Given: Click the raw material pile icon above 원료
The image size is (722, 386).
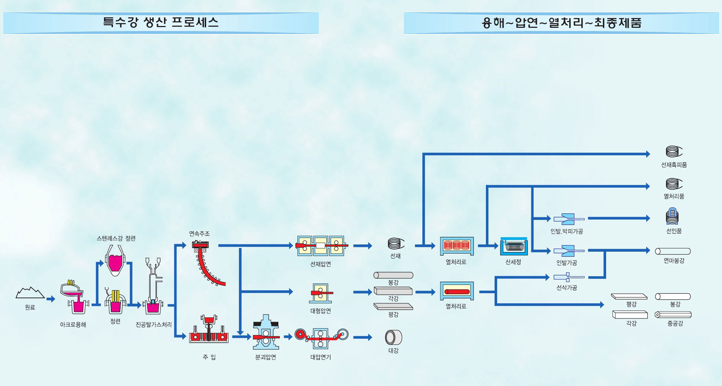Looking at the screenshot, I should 30,293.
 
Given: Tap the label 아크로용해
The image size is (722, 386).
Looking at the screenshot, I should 73,325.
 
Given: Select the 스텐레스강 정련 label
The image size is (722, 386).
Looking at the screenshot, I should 116,238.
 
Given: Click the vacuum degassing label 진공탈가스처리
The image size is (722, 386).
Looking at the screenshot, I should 153,325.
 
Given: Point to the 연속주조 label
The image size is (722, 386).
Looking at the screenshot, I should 199,234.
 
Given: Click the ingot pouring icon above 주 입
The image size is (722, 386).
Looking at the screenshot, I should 209,329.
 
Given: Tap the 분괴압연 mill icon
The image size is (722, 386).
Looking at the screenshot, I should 266,332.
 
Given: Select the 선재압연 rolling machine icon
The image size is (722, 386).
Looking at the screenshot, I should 321,246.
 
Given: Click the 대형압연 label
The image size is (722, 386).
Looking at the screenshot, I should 321,311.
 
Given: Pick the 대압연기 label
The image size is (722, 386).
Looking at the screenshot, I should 321,357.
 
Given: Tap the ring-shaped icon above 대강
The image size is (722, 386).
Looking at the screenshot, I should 393,338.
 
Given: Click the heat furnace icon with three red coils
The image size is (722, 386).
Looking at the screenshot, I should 456,246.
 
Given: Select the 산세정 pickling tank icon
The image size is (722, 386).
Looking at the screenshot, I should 514,246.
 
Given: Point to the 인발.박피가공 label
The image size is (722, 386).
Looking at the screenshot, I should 566,231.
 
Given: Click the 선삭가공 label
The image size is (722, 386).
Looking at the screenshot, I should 566,288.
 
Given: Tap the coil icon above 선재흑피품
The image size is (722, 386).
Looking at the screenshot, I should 674,152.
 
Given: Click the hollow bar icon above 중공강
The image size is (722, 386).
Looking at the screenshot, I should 673,315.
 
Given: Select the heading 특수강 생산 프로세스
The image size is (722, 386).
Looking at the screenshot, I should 161,22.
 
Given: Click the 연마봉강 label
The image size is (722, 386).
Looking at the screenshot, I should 674,261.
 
